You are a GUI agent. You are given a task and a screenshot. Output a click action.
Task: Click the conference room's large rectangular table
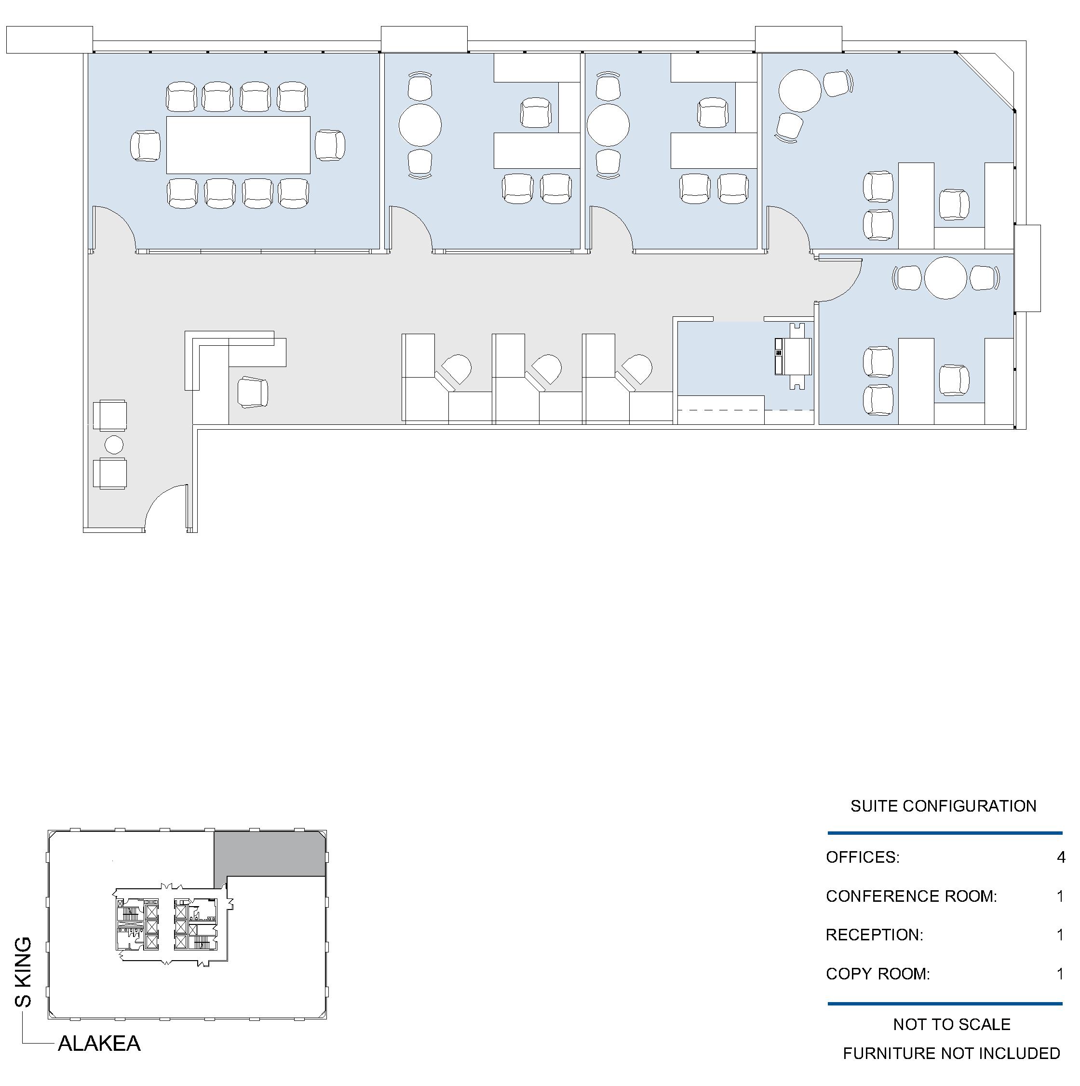[238, 145]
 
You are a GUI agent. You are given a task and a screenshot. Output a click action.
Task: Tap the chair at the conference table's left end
[146, 146]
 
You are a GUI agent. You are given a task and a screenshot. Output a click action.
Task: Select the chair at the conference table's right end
[330, 145]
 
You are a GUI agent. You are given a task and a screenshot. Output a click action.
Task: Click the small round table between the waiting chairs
[114, 445]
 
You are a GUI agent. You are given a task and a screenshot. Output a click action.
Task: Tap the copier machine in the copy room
[794, 356]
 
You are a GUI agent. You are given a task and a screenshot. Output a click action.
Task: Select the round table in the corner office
[800, 91]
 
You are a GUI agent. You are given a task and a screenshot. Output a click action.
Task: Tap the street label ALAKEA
[99, 1043]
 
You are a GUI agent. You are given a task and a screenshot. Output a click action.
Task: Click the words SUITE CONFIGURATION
[944, 806]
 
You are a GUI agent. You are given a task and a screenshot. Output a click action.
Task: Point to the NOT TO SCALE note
[952, 1024]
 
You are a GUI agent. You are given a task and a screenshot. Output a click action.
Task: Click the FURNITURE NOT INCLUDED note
[951, 1053]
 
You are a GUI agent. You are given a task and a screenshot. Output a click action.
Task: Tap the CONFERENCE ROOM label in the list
[911, 896]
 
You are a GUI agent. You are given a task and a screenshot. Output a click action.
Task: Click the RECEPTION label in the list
[874, 935]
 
